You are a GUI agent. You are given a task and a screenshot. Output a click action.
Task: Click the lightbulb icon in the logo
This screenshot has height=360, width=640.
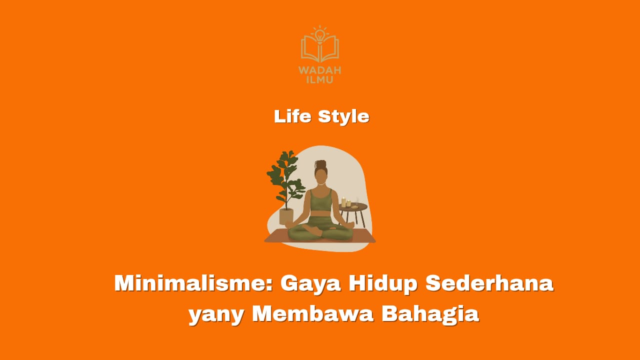[x=319, y=35]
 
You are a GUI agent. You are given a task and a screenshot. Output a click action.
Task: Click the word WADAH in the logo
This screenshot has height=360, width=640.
[x=319, y=70]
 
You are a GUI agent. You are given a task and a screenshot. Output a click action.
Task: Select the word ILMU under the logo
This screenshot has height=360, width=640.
[x=319, y=79]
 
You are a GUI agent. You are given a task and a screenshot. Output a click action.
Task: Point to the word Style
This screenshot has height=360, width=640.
[x=343, y=117]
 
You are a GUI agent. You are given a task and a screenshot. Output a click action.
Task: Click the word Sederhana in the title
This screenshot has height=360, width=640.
[x=489, y=283]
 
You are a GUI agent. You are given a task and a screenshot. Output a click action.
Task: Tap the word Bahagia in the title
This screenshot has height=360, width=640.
[x=430, y=315]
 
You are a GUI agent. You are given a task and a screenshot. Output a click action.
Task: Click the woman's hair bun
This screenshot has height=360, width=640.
[x=321, y=164]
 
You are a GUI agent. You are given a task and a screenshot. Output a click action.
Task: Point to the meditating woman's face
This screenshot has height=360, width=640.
[x=321, y=177]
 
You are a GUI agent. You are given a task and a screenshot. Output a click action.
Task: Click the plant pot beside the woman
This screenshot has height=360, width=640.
[x=286, y=216]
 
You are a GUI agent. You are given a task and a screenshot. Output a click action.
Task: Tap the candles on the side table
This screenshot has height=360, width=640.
[x=346, y=202]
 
